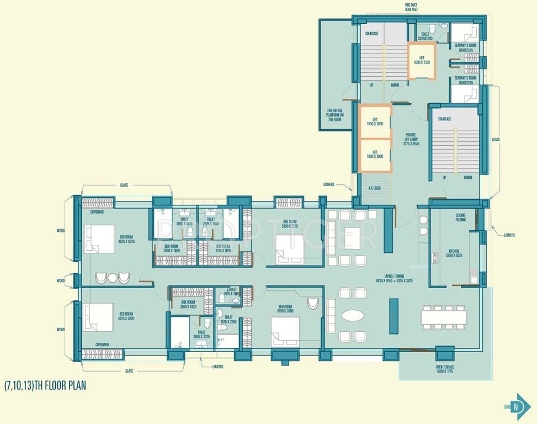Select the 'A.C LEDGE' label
[375, 188]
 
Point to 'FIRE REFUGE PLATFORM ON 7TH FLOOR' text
[336, 116]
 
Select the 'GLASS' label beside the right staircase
[496, 140]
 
